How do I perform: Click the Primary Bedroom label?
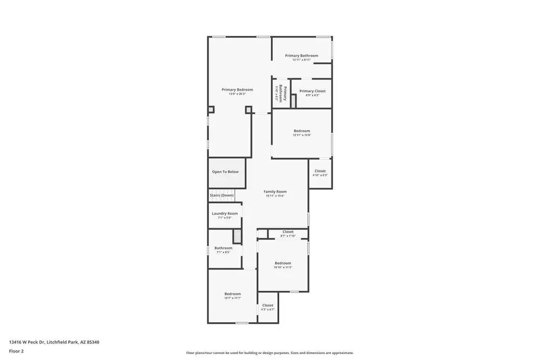[x=237, y=90]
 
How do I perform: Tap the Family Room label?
[x=275, y=192]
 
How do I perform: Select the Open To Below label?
[x=225, y=172]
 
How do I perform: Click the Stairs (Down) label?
[x=221, y=195]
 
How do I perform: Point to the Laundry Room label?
[x=225, y=213]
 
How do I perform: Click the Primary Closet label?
[x=312, y=91]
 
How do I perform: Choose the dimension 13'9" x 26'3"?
[x=237, y=94]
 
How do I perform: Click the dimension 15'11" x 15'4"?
[x=275, y=196]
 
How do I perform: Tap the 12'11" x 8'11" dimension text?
[x=301, y=60]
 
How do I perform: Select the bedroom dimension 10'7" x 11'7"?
[x=233, y=298]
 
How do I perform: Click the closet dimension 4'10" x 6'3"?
[x=320, y=175]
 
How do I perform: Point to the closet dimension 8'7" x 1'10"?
[x=288, y=236]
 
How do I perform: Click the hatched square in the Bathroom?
[x=237, y=236]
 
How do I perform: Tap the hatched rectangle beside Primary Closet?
[x=294, y=101]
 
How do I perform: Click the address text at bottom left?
[x=54, y=342]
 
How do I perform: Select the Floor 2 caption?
[x=16, y=351]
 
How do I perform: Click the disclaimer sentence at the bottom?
[x=270, y=352]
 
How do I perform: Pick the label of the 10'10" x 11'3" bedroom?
[x=282, y=263]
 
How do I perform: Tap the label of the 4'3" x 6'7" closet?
[x=268, y=305]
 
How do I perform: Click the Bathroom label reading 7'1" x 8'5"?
[x=224, y=248]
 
